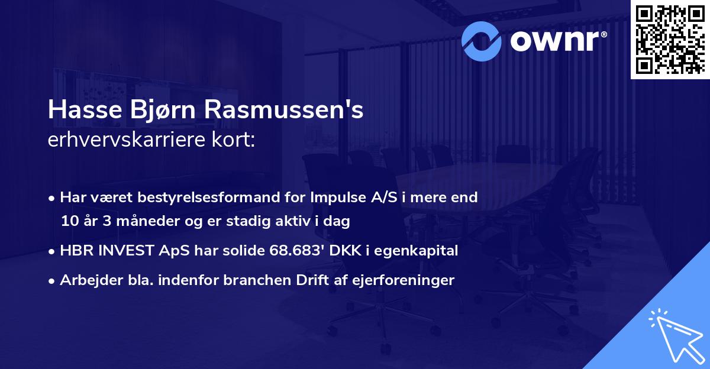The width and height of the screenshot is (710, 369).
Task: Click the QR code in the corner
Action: (x=670, y=39)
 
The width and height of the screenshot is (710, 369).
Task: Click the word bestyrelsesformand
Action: (x=195, y=198)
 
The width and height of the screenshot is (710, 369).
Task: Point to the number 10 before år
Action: (x=69, y=221)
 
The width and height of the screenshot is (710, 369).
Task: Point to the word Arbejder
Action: (x=88, y=280)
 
